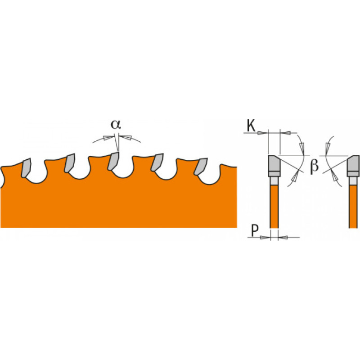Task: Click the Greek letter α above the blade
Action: [116, 125]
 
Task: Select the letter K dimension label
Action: [251, 126]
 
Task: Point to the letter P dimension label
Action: [254, 231]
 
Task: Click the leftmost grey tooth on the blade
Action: [26, 167]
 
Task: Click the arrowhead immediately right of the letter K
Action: [263, 133]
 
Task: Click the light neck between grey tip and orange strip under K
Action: [274, 181]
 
